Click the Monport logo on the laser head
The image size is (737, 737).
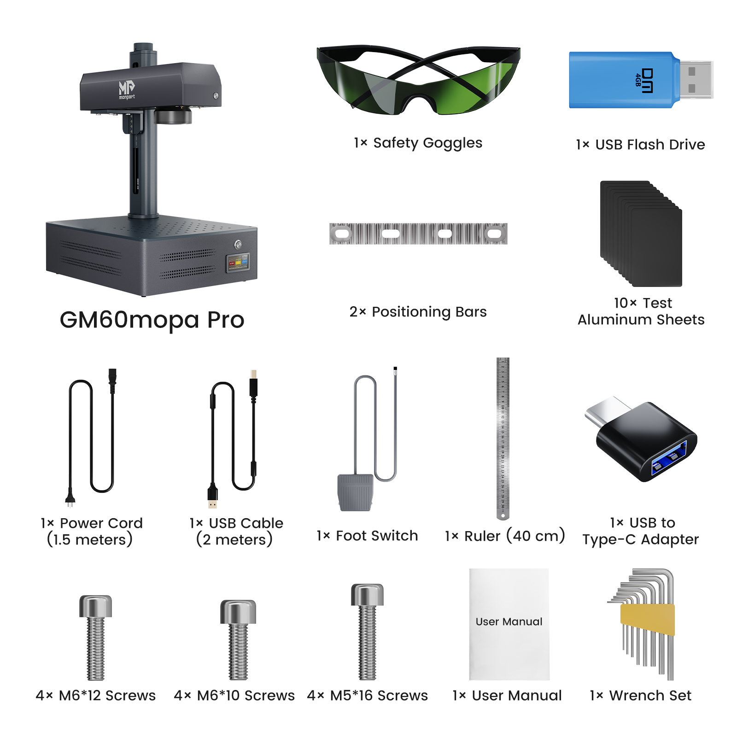127,89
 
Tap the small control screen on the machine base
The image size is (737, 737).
238,263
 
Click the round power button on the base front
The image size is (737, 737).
238,244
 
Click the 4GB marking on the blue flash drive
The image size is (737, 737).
638,80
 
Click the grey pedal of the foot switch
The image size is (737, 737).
355,492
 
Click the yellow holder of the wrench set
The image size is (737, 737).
647,620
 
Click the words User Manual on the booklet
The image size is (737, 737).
509,621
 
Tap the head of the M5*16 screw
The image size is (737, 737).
367,594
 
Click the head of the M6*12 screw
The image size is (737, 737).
95,606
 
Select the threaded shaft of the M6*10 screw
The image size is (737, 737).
238,652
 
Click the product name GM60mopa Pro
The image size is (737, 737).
152,319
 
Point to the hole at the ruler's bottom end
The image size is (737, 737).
503,515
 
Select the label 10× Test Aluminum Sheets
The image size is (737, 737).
641,311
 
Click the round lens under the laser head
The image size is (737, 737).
172,116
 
